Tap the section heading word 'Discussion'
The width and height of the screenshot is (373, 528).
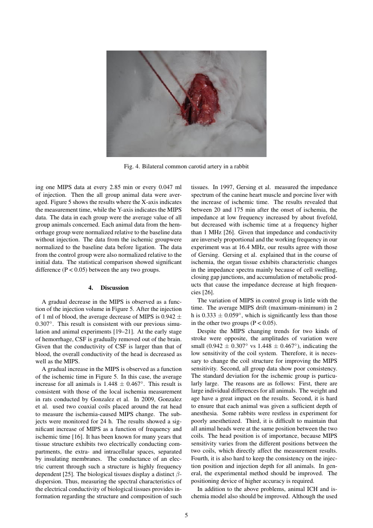115,287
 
